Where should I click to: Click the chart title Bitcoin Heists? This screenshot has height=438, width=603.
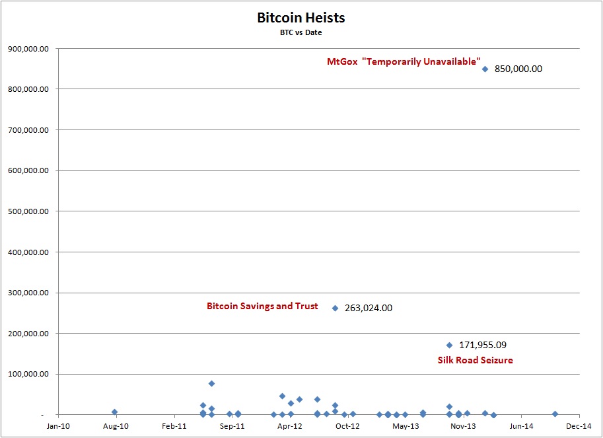tap(301, 18)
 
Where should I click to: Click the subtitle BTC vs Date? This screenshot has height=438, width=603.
tap(301, 32)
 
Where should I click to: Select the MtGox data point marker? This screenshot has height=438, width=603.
tap(485, 69)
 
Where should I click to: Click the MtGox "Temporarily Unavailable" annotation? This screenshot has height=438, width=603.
tap(404, 61)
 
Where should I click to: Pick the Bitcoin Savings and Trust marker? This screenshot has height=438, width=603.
tap(335, 308)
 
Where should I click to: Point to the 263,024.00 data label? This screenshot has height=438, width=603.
tap(369, 308)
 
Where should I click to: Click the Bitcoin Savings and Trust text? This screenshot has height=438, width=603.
tap(262, 307)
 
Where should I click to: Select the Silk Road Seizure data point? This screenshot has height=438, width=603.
tap(449, 345)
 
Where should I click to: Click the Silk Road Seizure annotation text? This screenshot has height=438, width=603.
tap(475, 360)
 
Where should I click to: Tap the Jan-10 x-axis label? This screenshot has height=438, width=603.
tap(57, 426)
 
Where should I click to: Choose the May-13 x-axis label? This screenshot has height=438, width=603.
tap(406, 426)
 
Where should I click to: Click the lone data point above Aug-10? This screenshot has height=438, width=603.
tap(115, 412)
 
